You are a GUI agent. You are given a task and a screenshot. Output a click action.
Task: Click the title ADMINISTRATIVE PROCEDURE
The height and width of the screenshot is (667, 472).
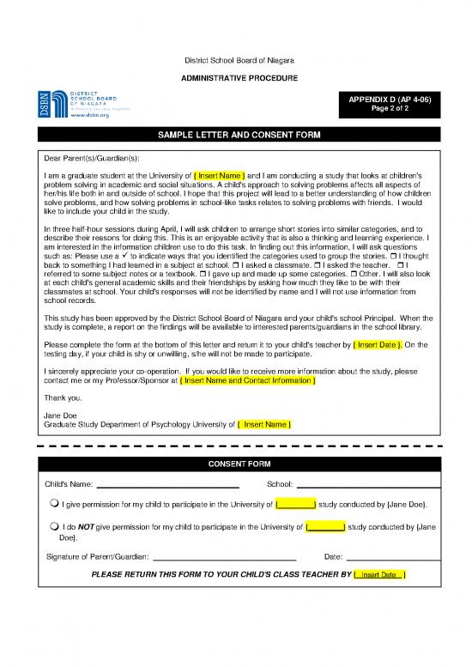(236, 78)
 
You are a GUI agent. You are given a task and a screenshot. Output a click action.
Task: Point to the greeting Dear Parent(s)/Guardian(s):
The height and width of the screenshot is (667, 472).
(91, 159)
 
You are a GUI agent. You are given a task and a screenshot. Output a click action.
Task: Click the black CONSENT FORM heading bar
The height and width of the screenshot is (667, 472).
(236, 464)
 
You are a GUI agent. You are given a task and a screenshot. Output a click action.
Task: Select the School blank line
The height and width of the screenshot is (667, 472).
(369, 485)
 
